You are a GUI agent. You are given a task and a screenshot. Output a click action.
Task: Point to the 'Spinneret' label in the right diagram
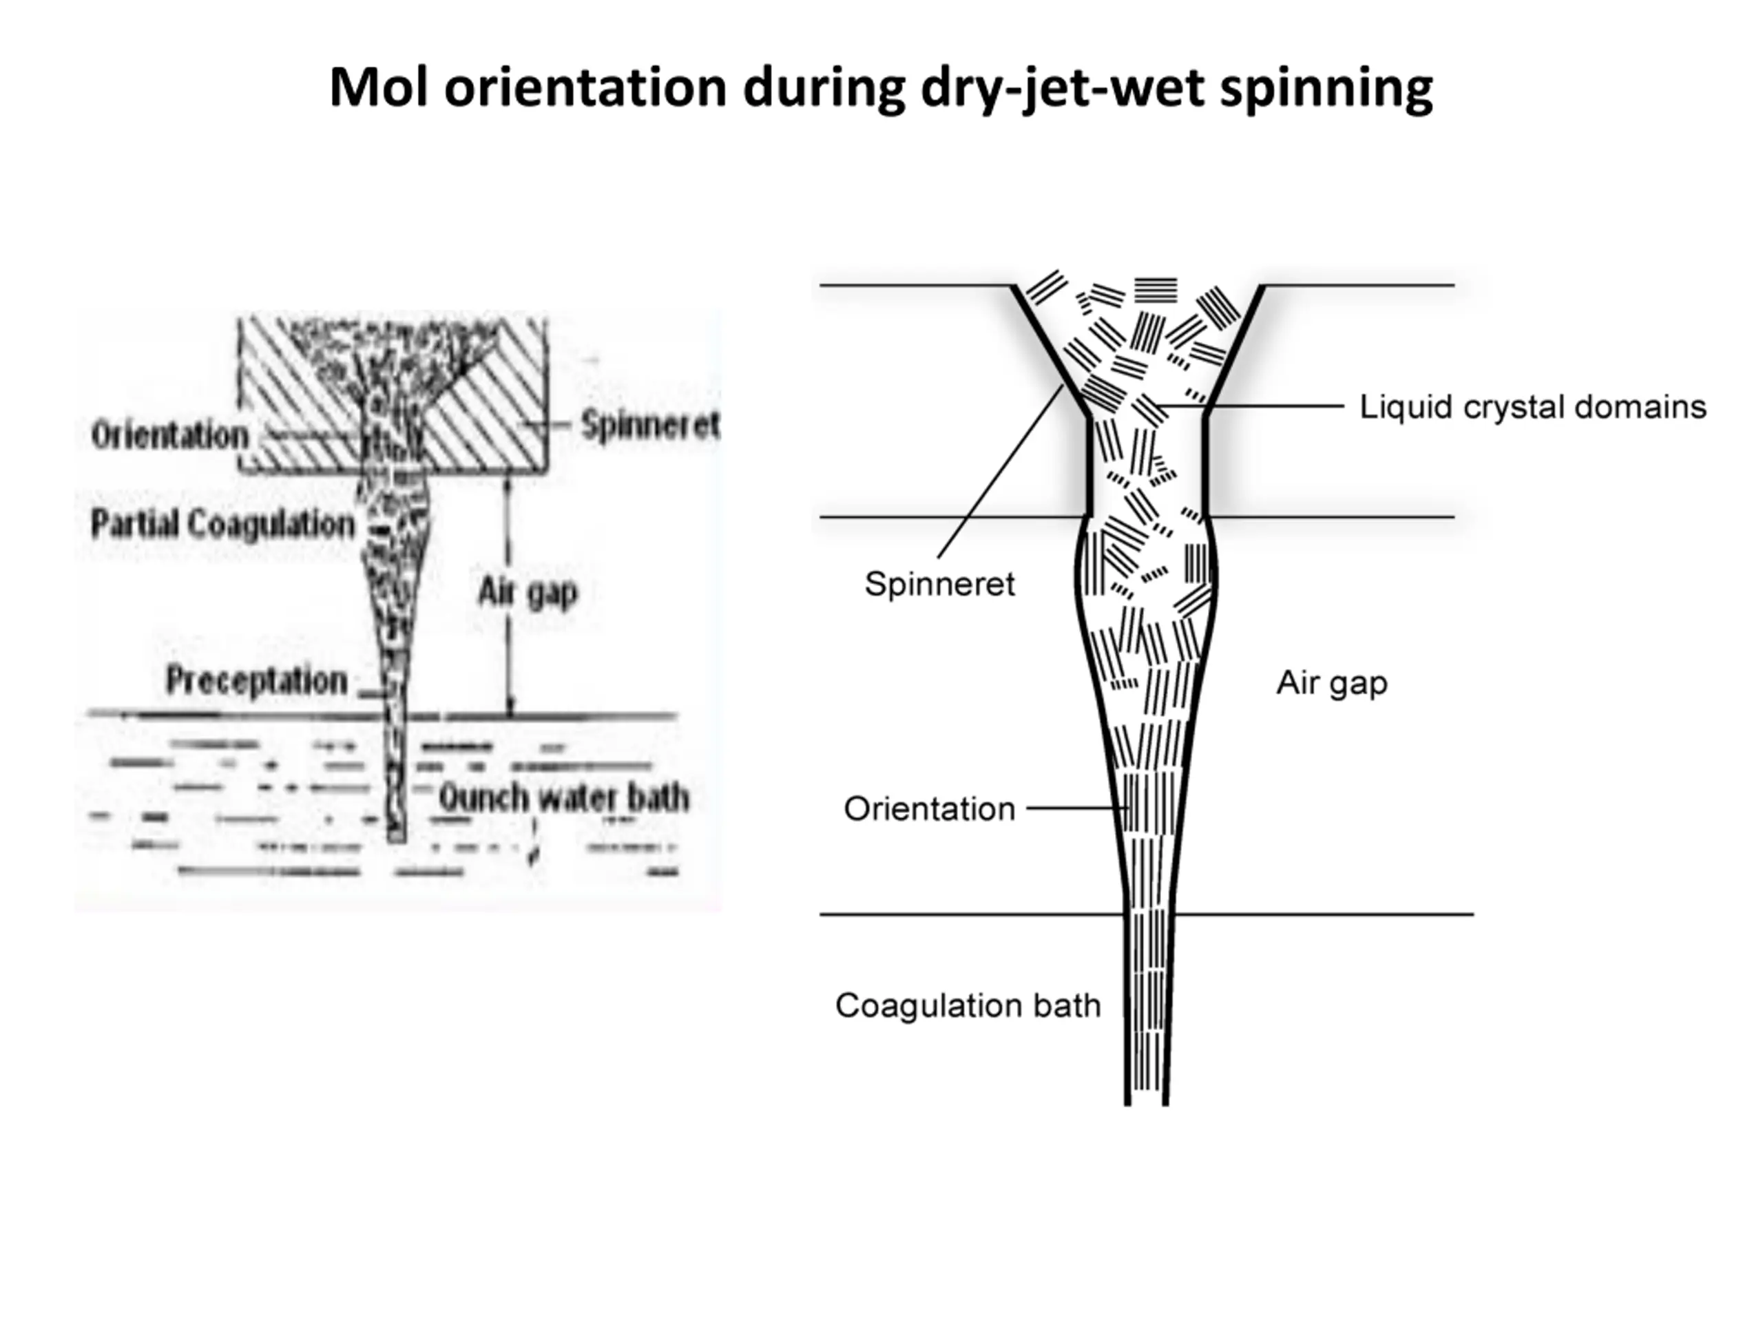[x=939, y=585]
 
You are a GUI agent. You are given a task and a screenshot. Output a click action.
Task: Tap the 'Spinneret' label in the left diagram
[x=650, y=425]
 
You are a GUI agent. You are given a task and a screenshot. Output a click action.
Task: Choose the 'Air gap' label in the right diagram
[x=1332, y=684]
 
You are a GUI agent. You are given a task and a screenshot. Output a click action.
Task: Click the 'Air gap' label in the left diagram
[x=528, y=592]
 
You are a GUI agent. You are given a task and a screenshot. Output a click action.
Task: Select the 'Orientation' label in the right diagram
[x=929, y=809]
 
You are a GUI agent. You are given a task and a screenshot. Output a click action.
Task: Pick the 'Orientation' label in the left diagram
[x=170, y=435]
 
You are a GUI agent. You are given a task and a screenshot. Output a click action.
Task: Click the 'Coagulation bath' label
[x=968, y=1006]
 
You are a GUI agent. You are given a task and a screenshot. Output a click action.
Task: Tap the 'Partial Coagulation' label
[x=222, y=525]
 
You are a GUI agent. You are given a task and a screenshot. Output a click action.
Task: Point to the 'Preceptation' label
[x=257, y=680]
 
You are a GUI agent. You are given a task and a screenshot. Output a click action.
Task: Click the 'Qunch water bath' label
[x=564, y=797]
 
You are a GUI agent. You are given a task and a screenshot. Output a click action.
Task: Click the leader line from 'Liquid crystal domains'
[x=1250, y=406]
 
